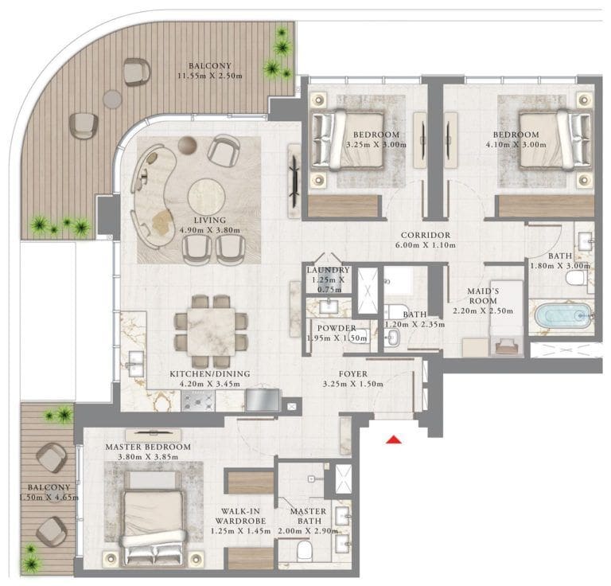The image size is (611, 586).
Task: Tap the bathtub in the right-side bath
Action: pos(563,316)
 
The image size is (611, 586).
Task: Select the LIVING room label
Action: pos(214,220)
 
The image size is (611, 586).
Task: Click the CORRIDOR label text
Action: pos(426,236)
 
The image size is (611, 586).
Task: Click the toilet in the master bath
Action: pos(303,550)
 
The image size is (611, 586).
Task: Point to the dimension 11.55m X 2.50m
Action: pos(211,77)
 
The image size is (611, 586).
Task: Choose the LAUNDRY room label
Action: pos(329,271)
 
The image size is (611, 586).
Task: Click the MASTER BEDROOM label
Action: pos(147,447)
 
